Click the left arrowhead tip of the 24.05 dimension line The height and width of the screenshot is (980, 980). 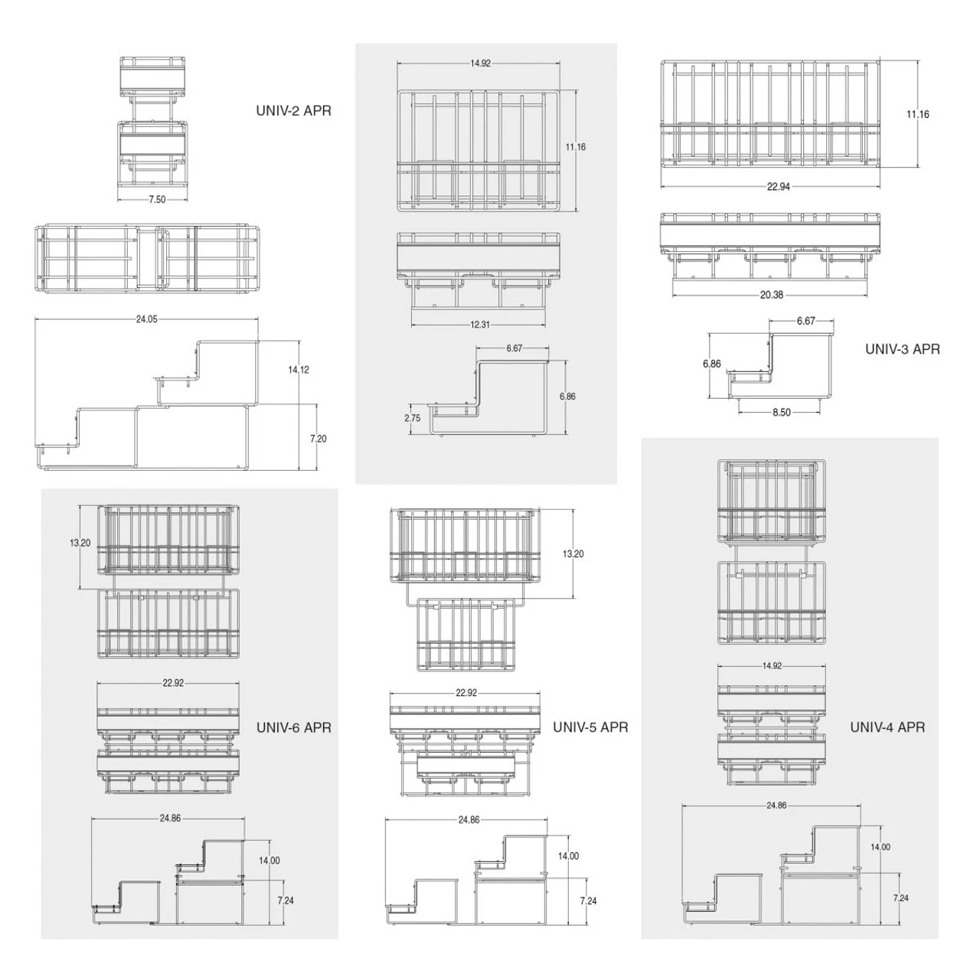point(35,319)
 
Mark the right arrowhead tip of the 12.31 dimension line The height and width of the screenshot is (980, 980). point(546,325)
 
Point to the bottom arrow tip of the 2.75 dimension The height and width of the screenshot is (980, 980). point(410,434)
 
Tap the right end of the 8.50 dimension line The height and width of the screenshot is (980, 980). point(819,412)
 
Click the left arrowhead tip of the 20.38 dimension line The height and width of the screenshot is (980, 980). point(672,295)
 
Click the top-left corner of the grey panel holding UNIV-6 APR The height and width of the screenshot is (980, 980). point(41,489)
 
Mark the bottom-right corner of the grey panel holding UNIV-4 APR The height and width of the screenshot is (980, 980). point(939,939)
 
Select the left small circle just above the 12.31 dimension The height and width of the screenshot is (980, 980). point(434,305)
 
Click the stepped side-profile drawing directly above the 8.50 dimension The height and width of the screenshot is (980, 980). point(780,366)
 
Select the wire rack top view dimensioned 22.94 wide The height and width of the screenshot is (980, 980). point(770,114)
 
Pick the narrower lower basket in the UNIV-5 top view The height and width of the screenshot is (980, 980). point(466,635)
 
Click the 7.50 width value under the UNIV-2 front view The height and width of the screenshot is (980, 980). point(157,199)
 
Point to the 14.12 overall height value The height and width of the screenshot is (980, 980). point(299,370)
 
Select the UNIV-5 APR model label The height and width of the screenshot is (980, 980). point(590,727)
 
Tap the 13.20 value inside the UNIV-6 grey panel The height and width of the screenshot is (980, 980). point(80,543)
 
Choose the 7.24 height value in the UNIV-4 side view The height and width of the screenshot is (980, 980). point(900,897)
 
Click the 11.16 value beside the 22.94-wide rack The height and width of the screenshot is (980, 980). point(917,114)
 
